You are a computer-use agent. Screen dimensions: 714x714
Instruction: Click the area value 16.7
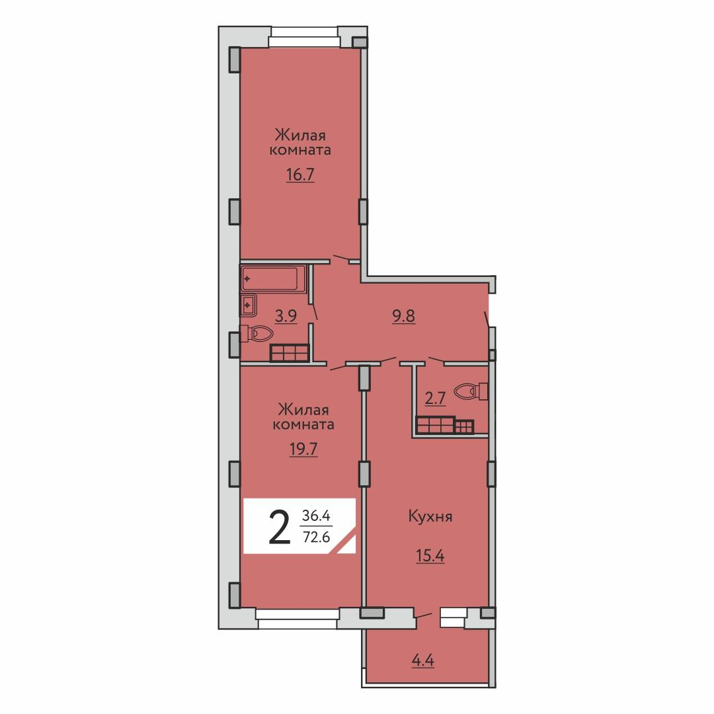tap(301, 175)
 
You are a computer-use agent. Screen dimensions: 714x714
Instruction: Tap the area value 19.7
tap(303, 450)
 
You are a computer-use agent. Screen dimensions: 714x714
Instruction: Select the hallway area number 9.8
tap(404, 315)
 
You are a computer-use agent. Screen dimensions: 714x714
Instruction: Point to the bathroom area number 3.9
tap(286, 315)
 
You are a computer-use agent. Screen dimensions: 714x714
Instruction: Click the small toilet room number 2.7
tap(435, 399)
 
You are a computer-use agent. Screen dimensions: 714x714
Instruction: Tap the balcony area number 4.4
tap(423, 660)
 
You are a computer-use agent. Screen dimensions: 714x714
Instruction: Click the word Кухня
tap(430, 517)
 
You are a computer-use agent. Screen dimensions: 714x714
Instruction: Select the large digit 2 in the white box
tap(280, 527)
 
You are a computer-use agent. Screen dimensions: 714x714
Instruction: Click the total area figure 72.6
tap(317, 537)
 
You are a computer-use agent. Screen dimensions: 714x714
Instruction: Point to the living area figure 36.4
tap(317, 516)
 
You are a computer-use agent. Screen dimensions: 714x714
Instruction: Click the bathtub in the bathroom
tap(273, 278)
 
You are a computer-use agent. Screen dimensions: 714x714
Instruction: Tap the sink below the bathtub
tap(249, 305)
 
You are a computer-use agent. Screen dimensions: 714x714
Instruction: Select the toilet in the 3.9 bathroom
tap(257, 334)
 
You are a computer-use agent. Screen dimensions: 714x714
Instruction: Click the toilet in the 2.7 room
tap(471, 391)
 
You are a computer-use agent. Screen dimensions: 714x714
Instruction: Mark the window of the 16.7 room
tap(304, 42)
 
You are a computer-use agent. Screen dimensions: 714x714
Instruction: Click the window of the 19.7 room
tap(297, 614)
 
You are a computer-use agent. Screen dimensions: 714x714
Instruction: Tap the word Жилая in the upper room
tap(300, 136)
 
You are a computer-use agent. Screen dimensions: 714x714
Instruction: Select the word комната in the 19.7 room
tap(303, 424)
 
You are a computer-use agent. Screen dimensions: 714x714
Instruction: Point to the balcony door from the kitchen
tap(424, 616)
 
